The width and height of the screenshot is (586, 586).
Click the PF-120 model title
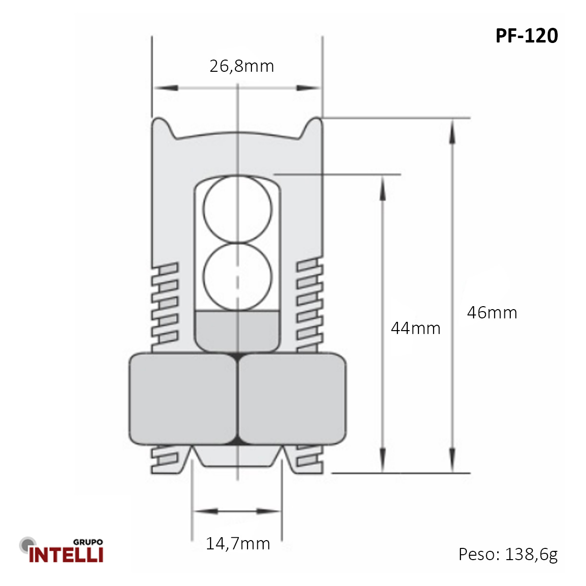[526, 36]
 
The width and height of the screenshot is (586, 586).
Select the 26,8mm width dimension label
[242, 66]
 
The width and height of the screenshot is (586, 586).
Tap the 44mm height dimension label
[416, 328]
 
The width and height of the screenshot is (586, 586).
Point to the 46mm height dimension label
[492, 313]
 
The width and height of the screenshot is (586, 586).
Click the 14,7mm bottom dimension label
[238, 544]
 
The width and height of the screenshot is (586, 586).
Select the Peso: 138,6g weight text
[508, 554]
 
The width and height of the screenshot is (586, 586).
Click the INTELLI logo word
[66, 555]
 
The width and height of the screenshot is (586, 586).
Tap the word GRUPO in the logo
[88, 542]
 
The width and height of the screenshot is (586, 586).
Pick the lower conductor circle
[237, 277]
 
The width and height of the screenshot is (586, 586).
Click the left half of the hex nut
[183, 398]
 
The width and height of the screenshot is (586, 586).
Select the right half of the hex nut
[292, 398]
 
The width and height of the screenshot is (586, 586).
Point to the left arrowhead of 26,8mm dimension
[165, 88]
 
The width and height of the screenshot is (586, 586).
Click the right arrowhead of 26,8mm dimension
[309, 88]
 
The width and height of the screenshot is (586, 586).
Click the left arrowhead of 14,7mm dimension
[205, 511]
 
